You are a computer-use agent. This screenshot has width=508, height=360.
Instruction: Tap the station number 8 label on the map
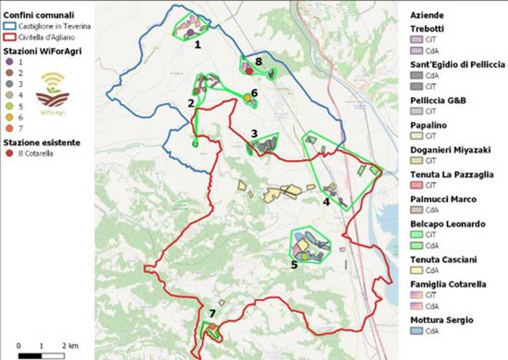coord(260,61)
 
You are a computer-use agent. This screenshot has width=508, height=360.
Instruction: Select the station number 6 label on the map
coord(253,93)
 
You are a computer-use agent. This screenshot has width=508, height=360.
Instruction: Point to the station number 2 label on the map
coord(190,103)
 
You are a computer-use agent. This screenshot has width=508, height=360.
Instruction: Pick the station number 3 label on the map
coord(253,134)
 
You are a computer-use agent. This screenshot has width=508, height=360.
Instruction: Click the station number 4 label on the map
coord(326,201)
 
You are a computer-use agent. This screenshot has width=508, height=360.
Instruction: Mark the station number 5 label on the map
coord(294,265)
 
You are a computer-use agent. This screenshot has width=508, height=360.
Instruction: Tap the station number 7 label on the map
coord(212,314)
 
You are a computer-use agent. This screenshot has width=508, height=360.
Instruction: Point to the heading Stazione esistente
coord(40,143)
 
